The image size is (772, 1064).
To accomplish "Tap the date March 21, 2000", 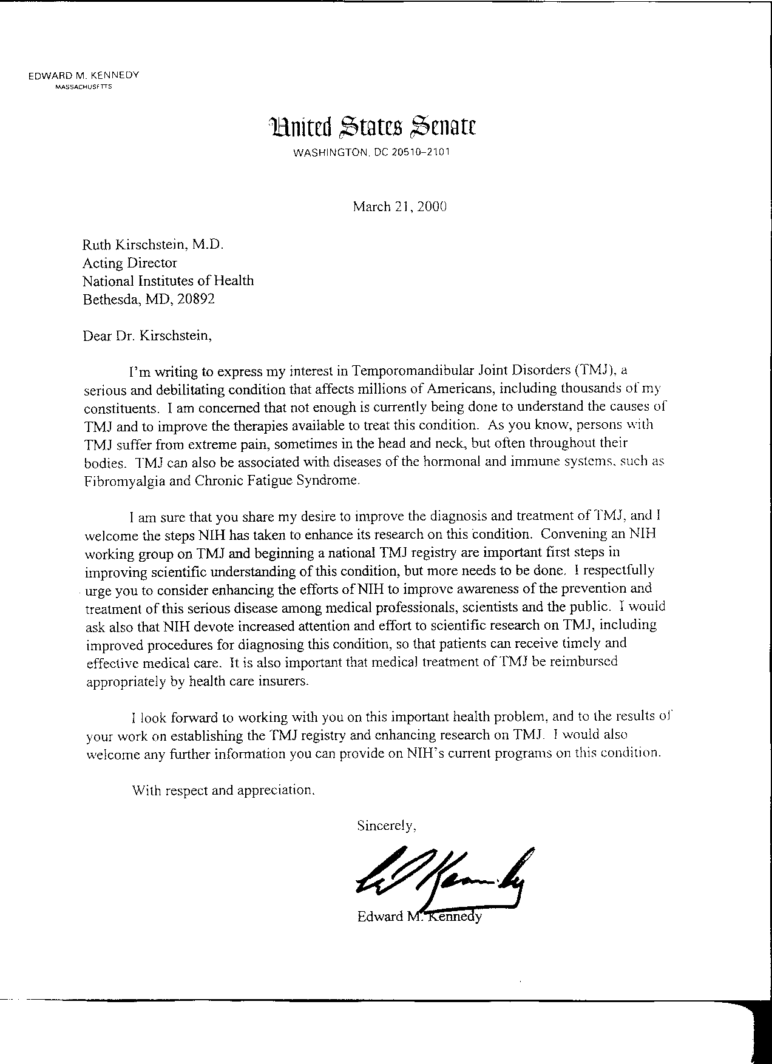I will pyautogui.click(x=399, y=207).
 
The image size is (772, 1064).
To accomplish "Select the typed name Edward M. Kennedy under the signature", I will pyautogui.click(x=419, y=916).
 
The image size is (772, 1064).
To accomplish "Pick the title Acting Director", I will pyautogui.click(x=130, y=263).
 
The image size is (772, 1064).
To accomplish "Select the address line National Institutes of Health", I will pyautogui.click(x=168, y=281).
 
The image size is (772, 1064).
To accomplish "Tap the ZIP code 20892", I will pyautogui.click(x=196, y=299).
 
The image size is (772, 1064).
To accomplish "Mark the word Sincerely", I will pyautogui.click(x=386, y=826).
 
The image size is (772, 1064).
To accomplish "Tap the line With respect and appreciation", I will pyautogui.click(x=223, y=790).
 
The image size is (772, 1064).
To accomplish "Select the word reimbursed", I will pyautogui.click(x=584, y=662).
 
